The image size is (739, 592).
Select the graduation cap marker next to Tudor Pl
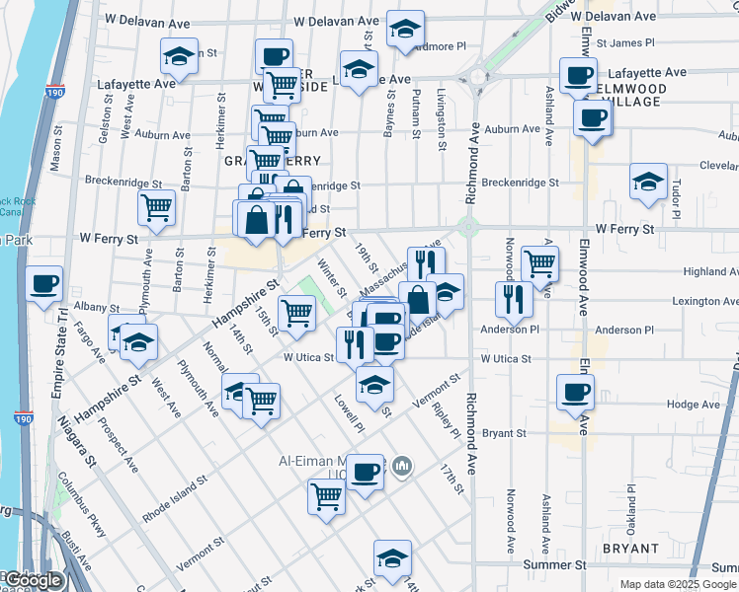pyautogui.click(x=648, y=182)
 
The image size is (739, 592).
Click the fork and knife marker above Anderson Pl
pyautogui.click(x=514, y=297)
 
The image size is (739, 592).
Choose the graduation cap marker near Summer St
pyautogui.click(x=392, y=558)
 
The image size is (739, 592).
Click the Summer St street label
pyautogui.click(x=555, y=564)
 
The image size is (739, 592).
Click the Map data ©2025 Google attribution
pyautogui.click(x=677, y=584)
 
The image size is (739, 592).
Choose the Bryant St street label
pyautogui.click(x=504, y=432)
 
